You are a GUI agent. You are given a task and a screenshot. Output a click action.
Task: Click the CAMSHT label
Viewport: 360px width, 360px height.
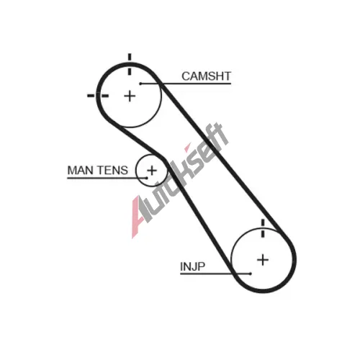tap(206, 76)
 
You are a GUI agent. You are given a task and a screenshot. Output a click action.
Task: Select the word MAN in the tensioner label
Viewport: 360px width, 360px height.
tap(80, 171)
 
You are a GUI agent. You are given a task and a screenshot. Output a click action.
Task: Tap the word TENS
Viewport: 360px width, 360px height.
tap(112, 171)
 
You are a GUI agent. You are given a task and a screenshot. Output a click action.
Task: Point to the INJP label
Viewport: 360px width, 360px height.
tap(192, 266)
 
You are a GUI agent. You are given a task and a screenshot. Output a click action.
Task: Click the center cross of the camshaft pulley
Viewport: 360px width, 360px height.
tap(130, 96)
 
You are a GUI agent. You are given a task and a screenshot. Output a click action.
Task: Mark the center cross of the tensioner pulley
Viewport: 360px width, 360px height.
tap(152, 171)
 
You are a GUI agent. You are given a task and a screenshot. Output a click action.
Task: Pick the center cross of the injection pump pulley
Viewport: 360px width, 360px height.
tap(263, 260)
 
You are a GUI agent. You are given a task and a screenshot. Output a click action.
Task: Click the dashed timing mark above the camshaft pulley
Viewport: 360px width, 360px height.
tap(130, 64)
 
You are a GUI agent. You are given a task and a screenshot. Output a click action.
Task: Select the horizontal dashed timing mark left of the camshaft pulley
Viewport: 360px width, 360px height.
tap(98, 96)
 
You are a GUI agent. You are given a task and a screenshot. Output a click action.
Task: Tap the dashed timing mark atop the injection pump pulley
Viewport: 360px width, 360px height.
tap(263, 228)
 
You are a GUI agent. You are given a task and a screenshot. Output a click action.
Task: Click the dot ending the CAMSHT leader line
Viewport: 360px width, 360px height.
tap(140, 84)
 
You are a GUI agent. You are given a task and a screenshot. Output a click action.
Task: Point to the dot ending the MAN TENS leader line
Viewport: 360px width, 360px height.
tap(147, 178)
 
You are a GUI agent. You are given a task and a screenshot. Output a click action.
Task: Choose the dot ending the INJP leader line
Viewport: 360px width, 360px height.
tap(251, 274)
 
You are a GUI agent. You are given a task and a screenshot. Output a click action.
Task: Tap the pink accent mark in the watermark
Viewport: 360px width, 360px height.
tap(187, 148)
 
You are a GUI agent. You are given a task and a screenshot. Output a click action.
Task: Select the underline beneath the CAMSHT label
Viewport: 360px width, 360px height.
tap(186, 84)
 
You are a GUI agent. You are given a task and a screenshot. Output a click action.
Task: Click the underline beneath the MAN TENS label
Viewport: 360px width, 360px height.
tap(107, 178)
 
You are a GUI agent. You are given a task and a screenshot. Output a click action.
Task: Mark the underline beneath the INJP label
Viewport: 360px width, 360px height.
tap(215, 274)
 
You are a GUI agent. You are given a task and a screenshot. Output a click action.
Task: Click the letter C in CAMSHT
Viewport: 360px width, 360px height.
tap(186, 76)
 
